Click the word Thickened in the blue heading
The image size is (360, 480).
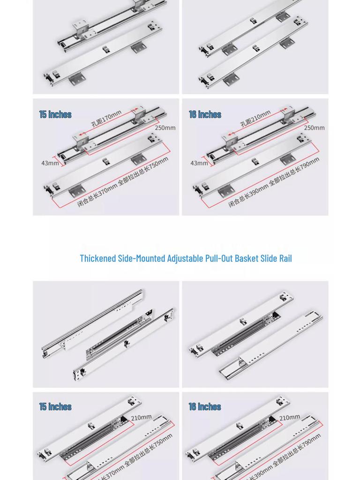tap(98, 258)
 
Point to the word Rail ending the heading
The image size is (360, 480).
tap(285, 258)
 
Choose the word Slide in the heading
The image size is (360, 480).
tap(272, 258)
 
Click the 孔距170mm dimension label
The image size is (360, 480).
tap(106, 118)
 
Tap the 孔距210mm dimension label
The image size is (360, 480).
tap(255, 118)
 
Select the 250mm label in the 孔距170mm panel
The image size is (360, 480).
tap(165, 128)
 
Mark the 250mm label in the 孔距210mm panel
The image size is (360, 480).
tap(314, 128)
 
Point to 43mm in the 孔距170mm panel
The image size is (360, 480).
tap(50, 163)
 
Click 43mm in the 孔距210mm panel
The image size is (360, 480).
tap(199, 163)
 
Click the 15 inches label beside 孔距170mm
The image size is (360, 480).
tap(55, 114)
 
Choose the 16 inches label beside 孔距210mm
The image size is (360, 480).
tap(205, 114)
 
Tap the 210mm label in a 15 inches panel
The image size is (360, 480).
tap(141, 418)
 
